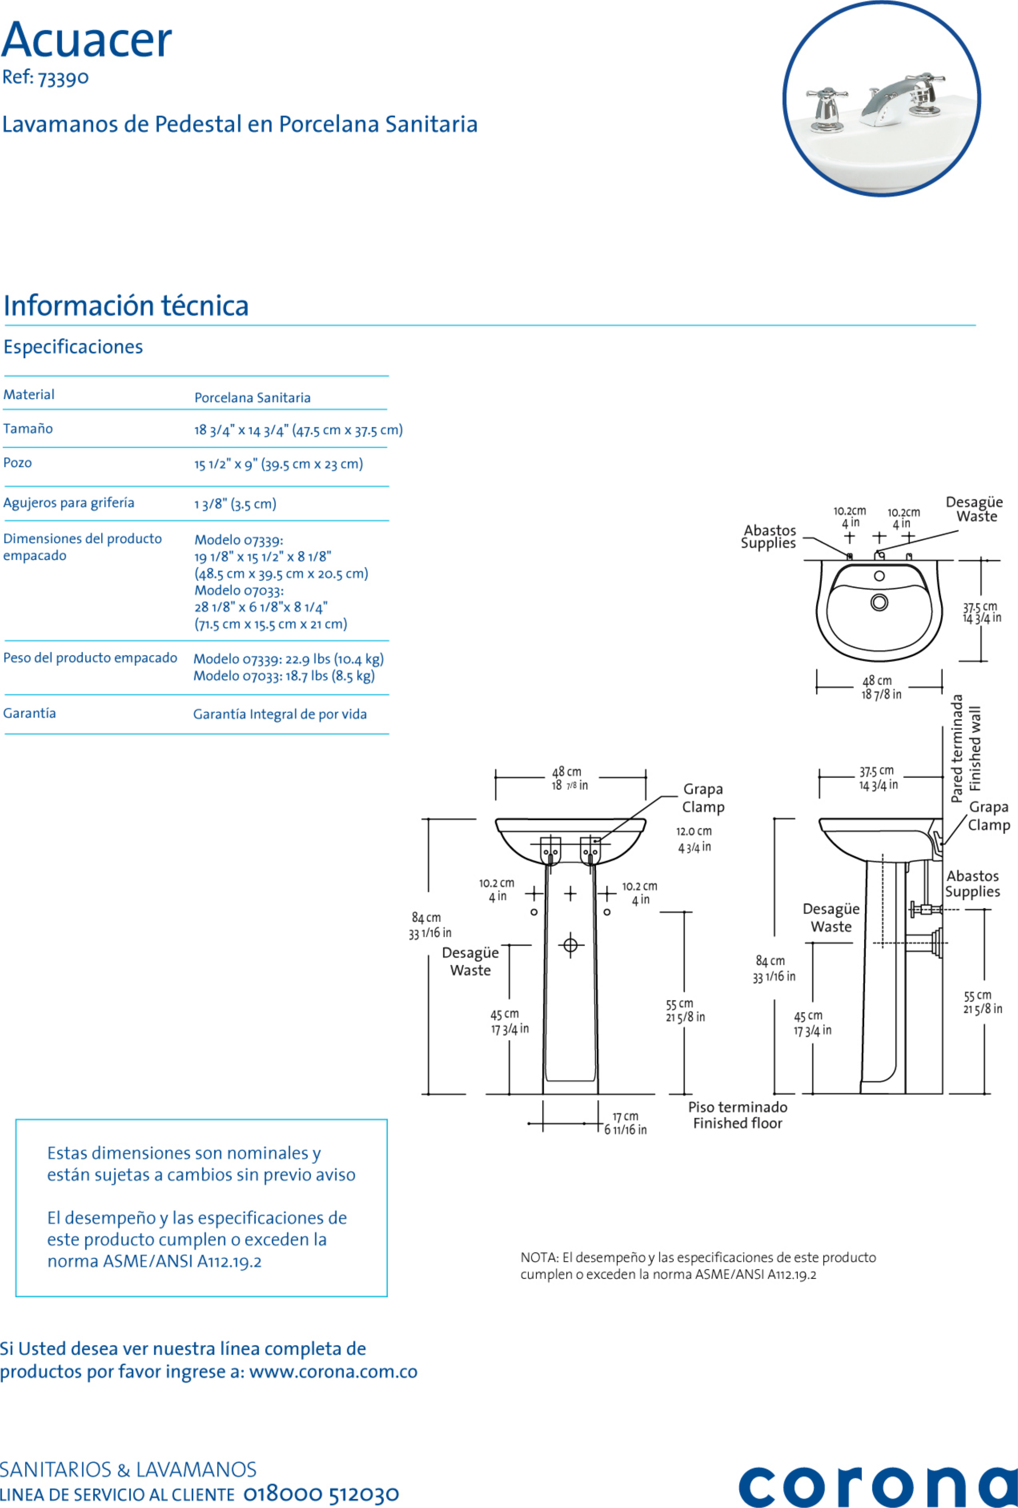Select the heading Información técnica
[x=126, y=305]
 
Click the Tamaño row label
[x=28, y=428]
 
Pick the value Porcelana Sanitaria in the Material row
[x=252, y=398]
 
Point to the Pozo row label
[x=18, y=463]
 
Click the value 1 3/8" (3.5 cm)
[x=235, y=504]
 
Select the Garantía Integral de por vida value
[x=280, y=714]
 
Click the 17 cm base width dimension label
[x=625, y=1123]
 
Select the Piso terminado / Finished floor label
[x=738, y=1115]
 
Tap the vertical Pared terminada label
[x=957, y=748]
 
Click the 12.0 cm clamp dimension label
[x=694, y=831]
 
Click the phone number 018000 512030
[x=321, y=1494]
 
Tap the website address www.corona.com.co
[x=333, y=1371]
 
